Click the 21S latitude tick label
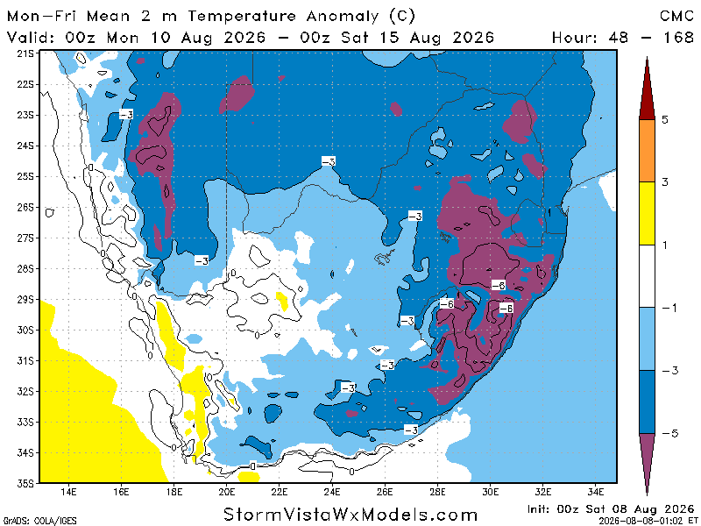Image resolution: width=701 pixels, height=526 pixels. pos(25,53)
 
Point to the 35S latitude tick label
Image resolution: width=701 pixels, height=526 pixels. pos(25,484)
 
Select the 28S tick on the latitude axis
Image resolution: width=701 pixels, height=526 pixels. pos(25,269)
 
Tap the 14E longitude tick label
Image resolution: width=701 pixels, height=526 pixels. pos(68,492)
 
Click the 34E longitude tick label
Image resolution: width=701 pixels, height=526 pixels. pos(596,492)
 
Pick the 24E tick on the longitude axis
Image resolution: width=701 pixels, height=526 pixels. pos(332,492)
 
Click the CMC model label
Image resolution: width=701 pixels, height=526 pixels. pos(676,16)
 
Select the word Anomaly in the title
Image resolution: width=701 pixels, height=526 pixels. pos(343,17)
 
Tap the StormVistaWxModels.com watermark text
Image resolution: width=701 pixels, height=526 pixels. pos(350,515)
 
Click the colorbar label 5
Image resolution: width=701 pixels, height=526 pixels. pos(665,119)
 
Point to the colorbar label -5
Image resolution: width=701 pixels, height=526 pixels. pos(669,433)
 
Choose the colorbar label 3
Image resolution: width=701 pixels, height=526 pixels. pos(665,182)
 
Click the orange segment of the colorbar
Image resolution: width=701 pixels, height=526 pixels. pos(647,151)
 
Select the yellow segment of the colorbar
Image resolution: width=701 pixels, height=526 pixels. pos(647,213)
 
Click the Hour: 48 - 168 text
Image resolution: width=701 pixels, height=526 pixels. pos(623,37)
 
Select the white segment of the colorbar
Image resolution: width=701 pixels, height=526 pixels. pos(647,276)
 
